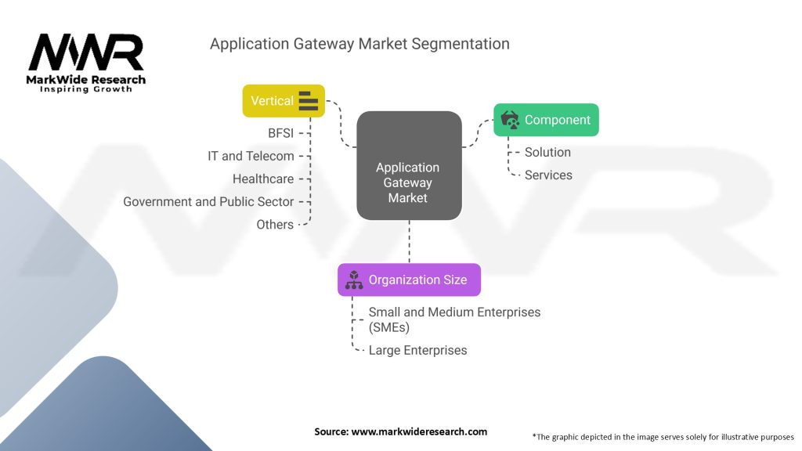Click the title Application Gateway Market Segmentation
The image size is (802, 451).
point(359,44)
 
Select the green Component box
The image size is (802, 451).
point(546,120)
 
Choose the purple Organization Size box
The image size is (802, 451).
point(409,280)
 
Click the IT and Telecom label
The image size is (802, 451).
point(251,156)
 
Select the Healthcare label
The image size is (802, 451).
point(263,179)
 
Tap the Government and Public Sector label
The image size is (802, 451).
point(208,201)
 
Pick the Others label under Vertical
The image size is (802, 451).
point(275,225)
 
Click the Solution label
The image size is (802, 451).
point(547,152)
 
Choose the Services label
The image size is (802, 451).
point(548,175)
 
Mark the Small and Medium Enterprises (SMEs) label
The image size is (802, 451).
point(454,319)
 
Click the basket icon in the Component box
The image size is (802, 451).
point(510,120)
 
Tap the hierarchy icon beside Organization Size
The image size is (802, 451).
point(354,280)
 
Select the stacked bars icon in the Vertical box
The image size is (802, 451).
point(308,101)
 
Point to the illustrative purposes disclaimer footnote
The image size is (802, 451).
point(663,437)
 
